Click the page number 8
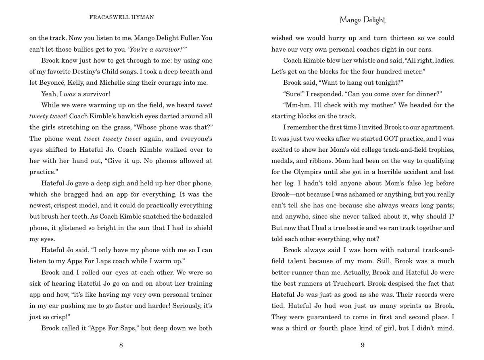(121, 345)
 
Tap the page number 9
(363, 345)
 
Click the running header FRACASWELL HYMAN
(121, 17)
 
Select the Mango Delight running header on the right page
(363, 20)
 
